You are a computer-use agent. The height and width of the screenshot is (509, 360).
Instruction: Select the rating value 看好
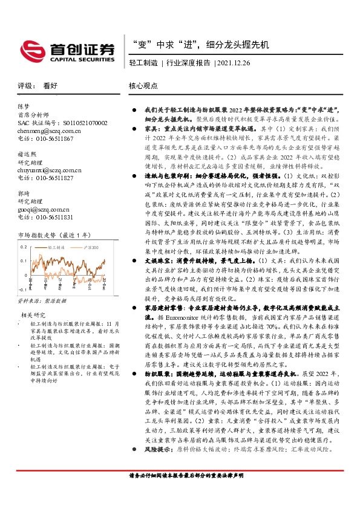[x=50, y=86]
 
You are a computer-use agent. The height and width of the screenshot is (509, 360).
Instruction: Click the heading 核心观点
[x=143, y=86]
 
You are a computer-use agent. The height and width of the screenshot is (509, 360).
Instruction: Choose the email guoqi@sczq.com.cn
[x=42, y=210]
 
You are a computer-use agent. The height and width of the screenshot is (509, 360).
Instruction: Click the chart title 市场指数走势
[x=41, y=235]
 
